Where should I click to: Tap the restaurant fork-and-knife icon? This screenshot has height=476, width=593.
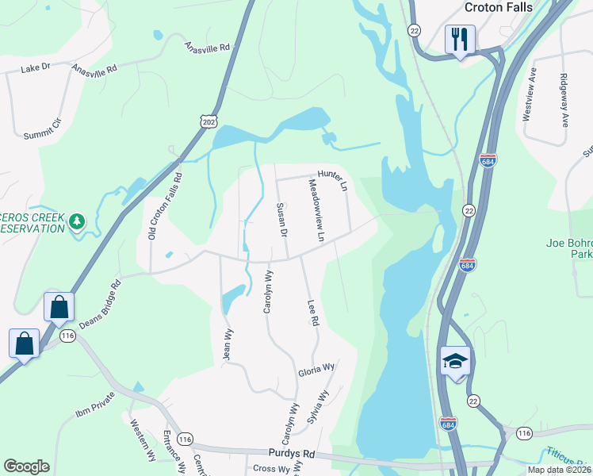coord(460,38)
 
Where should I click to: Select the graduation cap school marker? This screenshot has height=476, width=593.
coord(455,362)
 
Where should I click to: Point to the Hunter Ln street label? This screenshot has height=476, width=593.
coord(333,180)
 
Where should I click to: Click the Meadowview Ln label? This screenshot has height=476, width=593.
coord(316,209)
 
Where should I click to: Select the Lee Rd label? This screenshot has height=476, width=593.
coord(312,313)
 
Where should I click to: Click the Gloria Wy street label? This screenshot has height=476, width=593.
coord(317,370)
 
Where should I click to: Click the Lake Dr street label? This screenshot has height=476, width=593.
coord(36,68)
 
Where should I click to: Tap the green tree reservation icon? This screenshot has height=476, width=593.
coord(77,221)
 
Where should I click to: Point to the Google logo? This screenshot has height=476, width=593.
coord(26,466)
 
